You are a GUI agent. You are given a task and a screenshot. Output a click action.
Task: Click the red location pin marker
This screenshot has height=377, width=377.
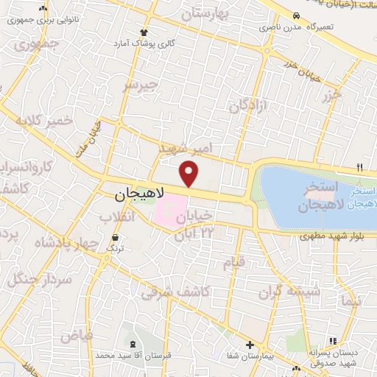tap(190, 175)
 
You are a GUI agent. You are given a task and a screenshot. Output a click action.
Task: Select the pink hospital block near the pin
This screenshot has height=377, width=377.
tap(171, 214)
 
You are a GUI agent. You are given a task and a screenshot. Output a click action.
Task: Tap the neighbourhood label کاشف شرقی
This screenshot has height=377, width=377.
tap(186, 292)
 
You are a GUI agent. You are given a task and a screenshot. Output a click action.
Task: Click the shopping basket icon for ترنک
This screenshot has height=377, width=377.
tap(116, 238)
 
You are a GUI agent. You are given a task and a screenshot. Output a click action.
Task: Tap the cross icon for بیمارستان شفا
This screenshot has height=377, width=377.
tap(250, 345)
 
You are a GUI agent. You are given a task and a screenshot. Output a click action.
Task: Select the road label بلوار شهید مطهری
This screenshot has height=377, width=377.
tap(328, 236)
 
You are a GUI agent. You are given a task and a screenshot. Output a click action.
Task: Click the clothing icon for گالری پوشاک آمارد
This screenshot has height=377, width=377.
tap(144, 32)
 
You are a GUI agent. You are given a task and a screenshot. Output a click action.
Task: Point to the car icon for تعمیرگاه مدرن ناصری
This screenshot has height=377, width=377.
tap(296, 15)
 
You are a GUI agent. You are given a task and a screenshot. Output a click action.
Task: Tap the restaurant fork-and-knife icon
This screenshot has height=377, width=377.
tap(360, 166)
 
